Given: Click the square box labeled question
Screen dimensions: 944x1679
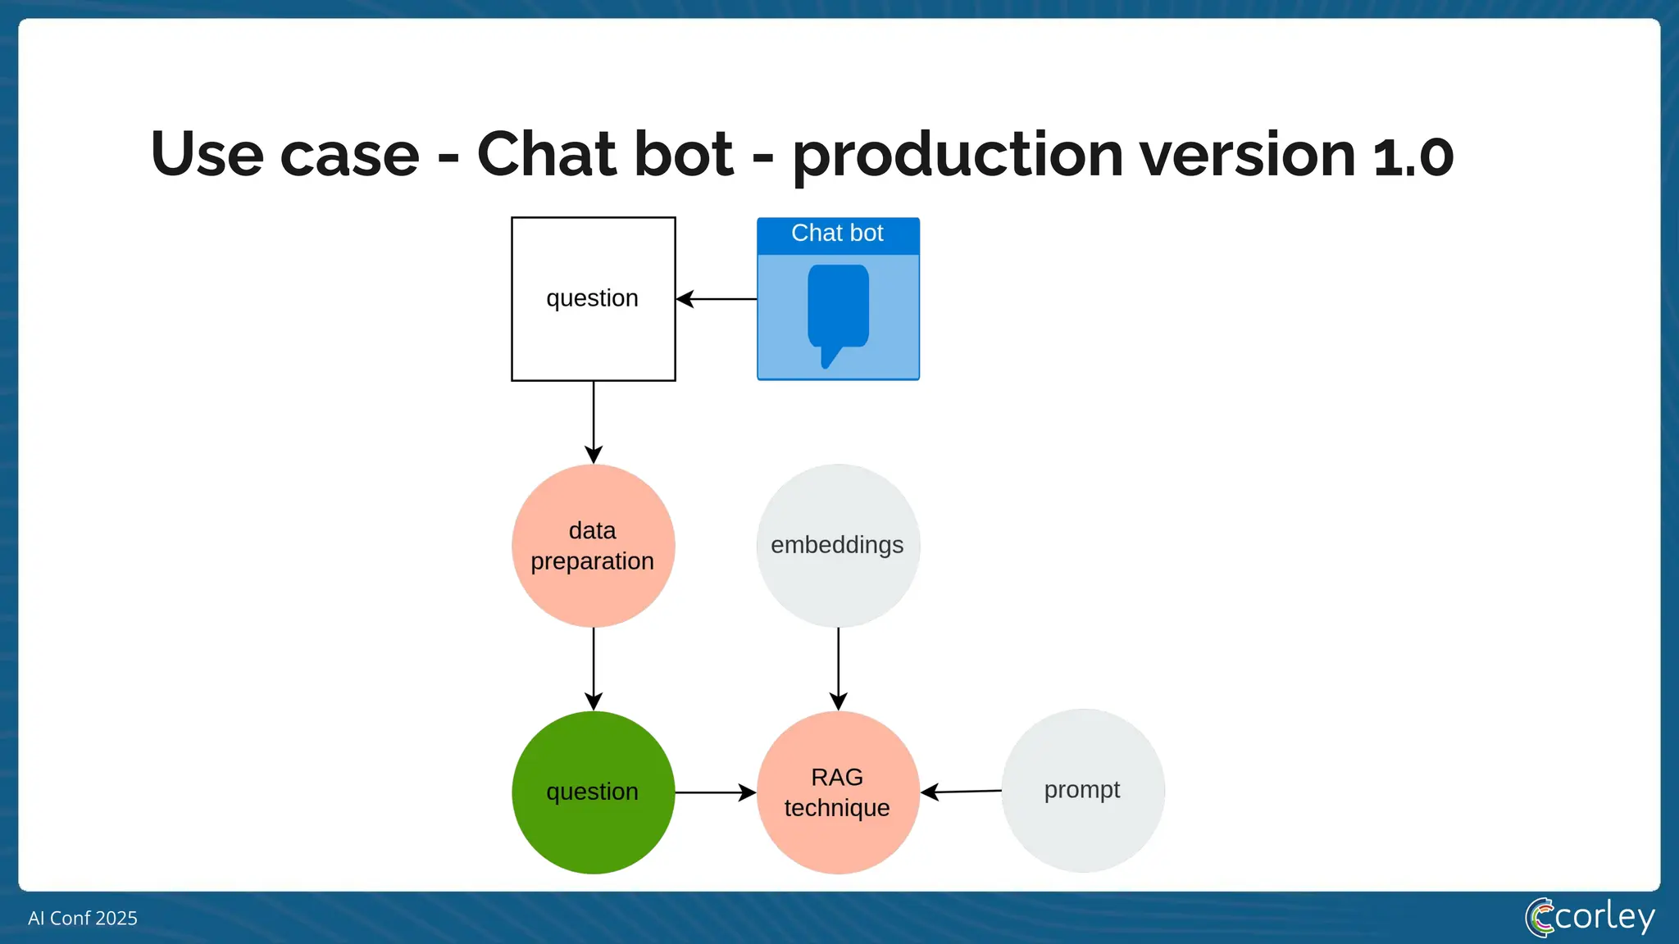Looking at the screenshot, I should [x=593, y=299].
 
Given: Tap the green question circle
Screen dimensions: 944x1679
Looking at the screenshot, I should [x=593, y=792].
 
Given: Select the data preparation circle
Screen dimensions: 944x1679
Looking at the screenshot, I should [x=593, y=546].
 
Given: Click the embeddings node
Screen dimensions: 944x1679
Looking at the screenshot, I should [x=837, y=546].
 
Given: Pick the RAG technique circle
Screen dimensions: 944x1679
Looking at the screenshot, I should [x=837, y=792].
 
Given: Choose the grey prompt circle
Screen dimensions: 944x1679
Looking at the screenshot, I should [x=1082, y=790].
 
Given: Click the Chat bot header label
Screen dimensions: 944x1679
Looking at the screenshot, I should [x=837, y=234].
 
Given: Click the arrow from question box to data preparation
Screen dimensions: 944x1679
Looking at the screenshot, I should [x=594, y=421].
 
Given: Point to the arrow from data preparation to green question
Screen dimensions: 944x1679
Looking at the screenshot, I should [x=594, y=668].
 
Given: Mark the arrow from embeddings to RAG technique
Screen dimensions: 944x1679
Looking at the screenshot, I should [x=838, y=668].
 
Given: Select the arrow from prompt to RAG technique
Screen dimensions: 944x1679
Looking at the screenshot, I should [x=961, y=792].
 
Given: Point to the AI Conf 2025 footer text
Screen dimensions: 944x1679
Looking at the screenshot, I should [x=83, y=918].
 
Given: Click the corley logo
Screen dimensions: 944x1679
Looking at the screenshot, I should [x=1590, y=917].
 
